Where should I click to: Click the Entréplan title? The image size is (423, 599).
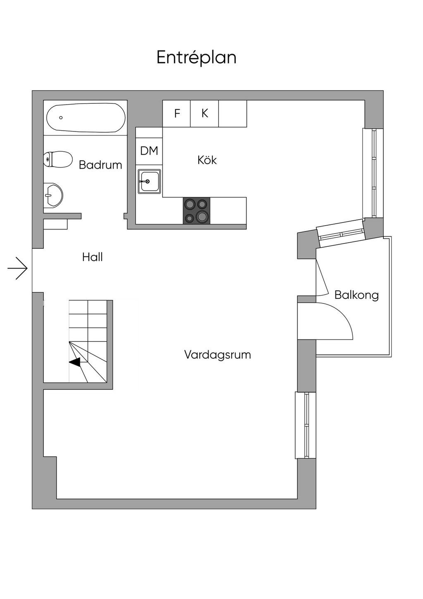[196, 57]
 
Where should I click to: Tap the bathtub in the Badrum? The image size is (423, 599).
[86, 118]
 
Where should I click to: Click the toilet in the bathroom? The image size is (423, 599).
[58, 160]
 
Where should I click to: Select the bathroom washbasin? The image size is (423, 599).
[53, 196]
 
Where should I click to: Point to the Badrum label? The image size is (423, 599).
[100, 165]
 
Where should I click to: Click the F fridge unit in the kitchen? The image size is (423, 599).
[176, 114]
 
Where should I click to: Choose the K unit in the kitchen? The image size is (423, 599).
[204, 114]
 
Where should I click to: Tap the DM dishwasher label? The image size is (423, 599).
[149, 151]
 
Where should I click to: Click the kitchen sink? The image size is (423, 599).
[149, 181]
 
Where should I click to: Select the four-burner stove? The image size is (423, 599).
[196, 211]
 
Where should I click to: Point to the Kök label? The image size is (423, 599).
[207, 160]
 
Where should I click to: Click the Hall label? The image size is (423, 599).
[93, 257]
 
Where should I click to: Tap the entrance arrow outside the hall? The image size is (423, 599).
[17, 268]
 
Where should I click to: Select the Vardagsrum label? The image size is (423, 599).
[218, 355]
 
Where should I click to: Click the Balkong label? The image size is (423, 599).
[357, 295]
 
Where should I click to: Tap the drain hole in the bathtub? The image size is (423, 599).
[61, 118]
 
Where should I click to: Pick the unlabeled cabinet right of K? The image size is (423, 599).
[233, 114]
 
